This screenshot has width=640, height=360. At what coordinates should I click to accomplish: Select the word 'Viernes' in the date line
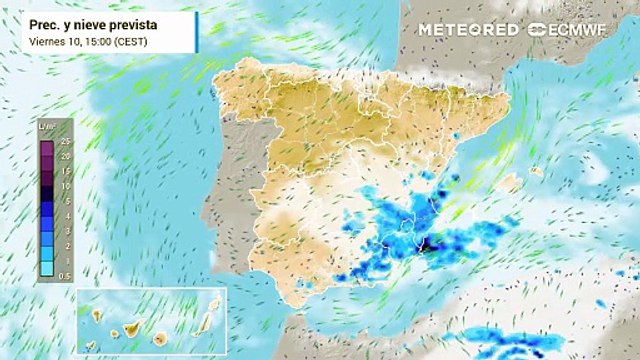[x=45, y=41]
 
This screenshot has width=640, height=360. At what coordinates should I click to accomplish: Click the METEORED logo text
[x=468, y=29]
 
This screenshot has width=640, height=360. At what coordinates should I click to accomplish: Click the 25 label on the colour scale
[x=65, y=143]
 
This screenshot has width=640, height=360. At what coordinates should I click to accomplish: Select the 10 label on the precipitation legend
[x=65, y=186]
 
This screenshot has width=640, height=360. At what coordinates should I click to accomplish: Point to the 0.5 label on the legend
[x=65, y=274]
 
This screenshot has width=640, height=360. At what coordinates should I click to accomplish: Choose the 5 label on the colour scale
[x=65, y=201]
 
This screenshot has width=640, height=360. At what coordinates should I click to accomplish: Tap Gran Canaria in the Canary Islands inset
[x=159, y=335]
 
